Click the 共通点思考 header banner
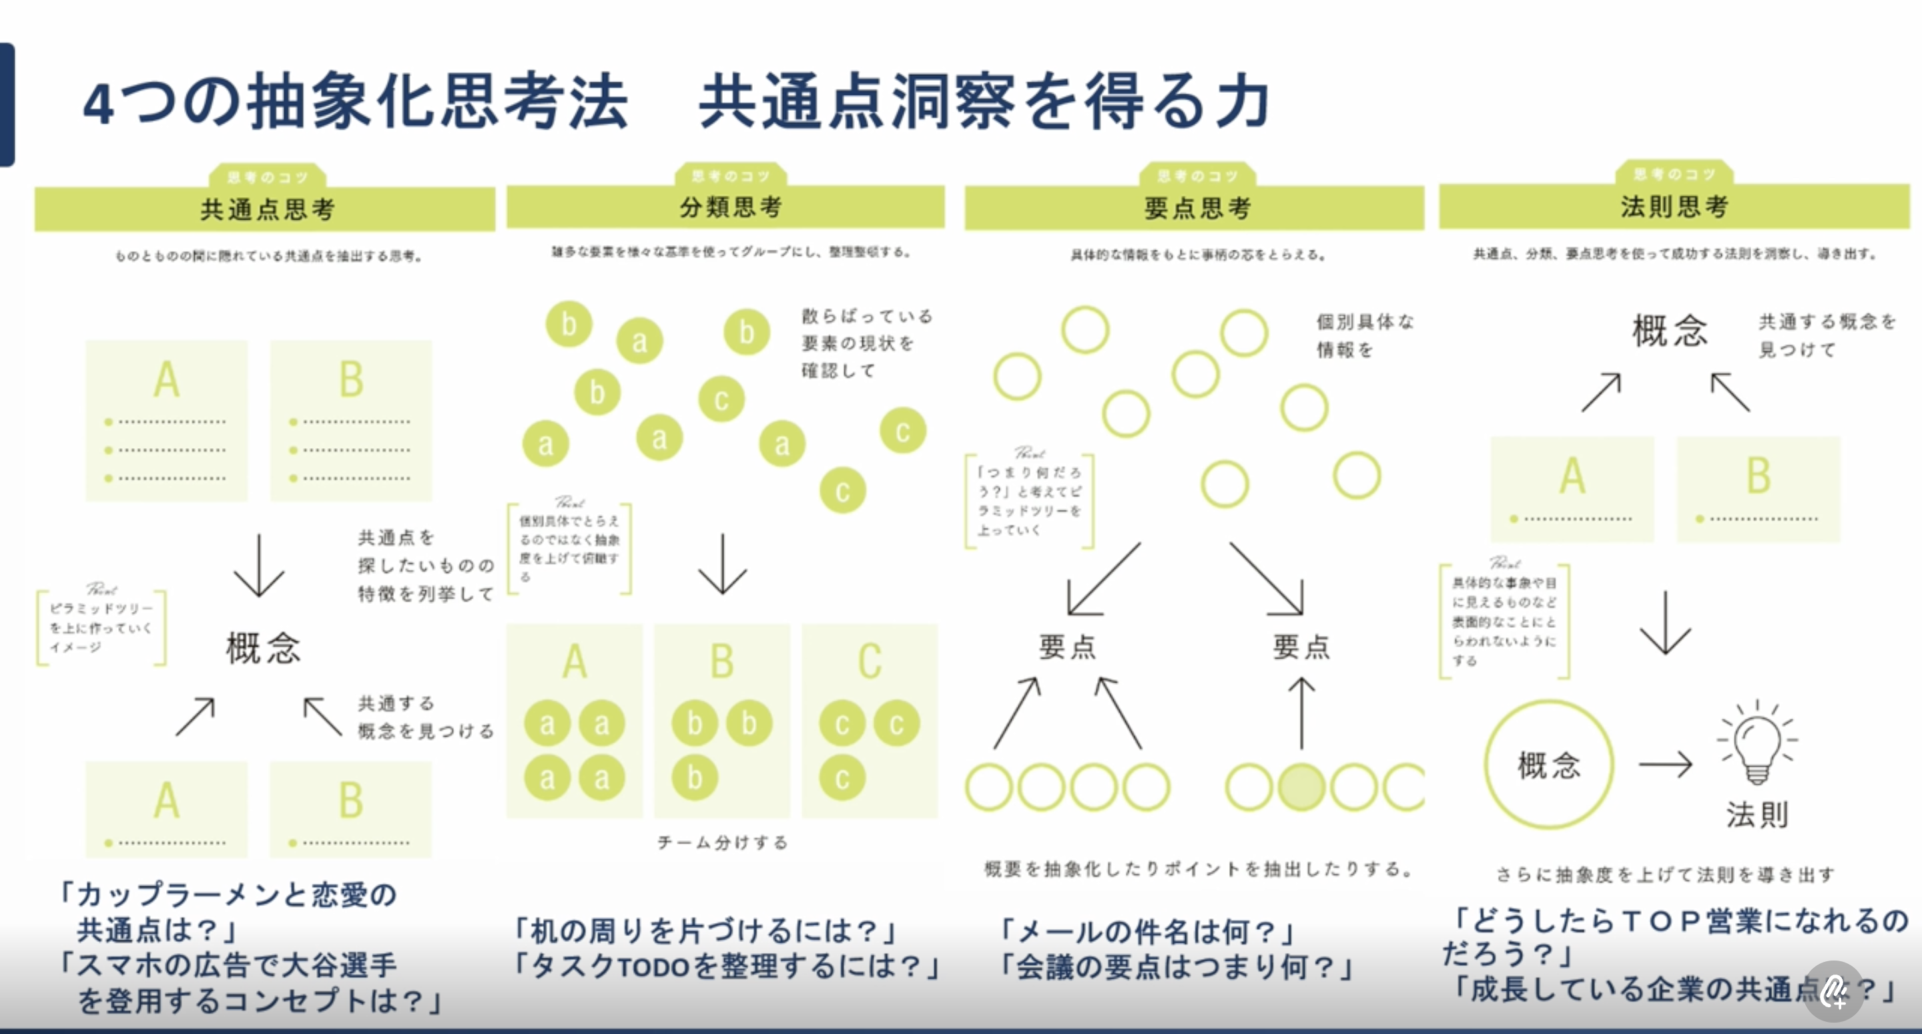coord(266,209)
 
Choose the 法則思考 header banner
coord(1674,207)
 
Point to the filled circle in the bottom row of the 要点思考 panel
coord(1301,786)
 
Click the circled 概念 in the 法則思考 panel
coord(1549,765)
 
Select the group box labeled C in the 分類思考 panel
coord(869,721)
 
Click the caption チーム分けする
coord(722,843)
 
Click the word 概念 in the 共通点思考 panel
coord(264,648)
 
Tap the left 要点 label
coord(1067,647)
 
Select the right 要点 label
coord(1301,647)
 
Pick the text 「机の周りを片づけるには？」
coord(705,931)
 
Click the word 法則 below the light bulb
coord(1757,814)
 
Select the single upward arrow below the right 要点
coord(1302,713)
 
